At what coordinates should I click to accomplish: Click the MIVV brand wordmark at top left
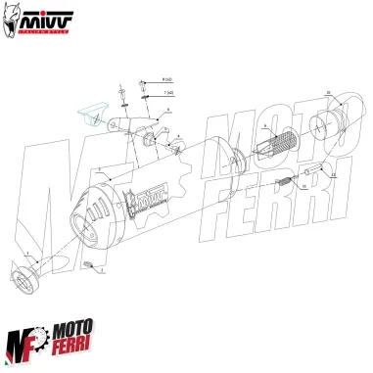pyautogui.click(x=46, y=17)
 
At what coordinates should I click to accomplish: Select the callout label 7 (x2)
pyautogui.click(x=169, y=92)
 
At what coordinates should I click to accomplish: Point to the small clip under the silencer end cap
pyautogui.click(x=87, y=265)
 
